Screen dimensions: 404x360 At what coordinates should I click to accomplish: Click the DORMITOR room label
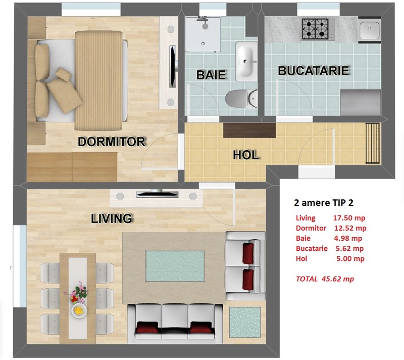112,142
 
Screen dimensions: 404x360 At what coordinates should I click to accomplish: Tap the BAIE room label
211,75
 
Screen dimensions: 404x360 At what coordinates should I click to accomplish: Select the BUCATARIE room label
314,71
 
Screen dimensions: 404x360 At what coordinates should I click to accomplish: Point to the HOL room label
246,155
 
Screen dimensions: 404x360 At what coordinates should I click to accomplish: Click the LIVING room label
112,218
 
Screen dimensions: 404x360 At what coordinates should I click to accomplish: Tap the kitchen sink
370,29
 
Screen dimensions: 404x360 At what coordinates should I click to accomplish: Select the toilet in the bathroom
241,98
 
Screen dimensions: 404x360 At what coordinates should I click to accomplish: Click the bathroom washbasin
246,61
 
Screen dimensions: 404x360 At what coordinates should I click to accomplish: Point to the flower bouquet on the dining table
77,293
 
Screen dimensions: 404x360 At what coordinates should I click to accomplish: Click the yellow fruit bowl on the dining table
79,311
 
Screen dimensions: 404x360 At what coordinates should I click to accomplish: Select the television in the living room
157,194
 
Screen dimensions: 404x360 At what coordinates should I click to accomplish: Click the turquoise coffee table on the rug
175,266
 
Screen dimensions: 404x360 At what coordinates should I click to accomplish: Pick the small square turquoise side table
245,322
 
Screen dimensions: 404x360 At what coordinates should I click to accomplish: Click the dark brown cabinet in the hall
249,130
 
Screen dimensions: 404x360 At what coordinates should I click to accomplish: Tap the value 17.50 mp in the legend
349,218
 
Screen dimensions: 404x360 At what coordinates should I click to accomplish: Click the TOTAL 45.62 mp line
325,279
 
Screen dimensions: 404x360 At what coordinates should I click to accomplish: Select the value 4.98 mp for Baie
348,238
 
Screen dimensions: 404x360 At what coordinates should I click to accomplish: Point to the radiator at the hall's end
373,144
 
